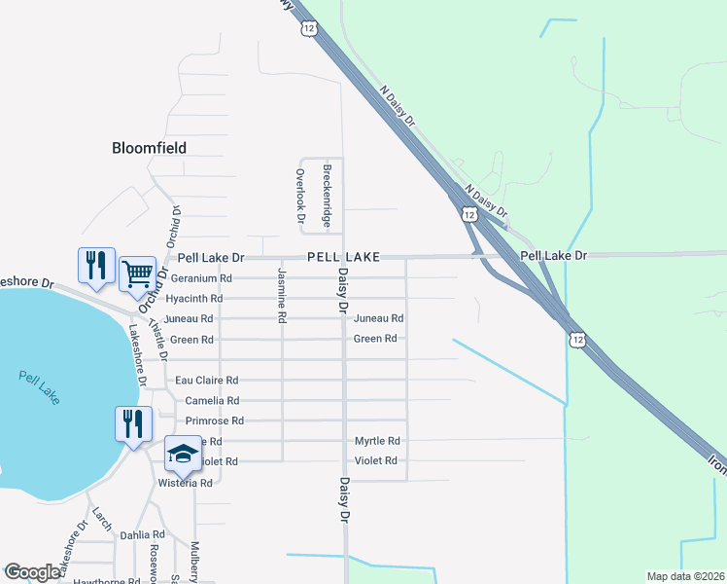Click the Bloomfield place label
coord(149,148)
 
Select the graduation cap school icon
coord(183,453)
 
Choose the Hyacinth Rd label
coord(194,298)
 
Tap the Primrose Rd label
coord(214,420)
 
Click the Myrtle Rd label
coord(377,441)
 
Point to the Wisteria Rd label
coord(185,483)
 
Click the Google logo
coord(32,572)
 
